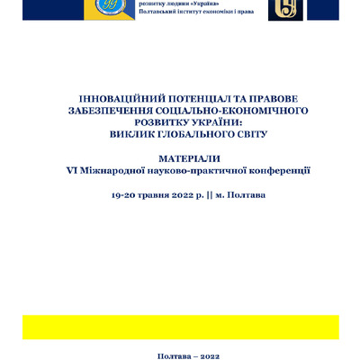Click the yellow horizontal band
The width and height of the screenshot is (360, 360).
click(x=180, y=327)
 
